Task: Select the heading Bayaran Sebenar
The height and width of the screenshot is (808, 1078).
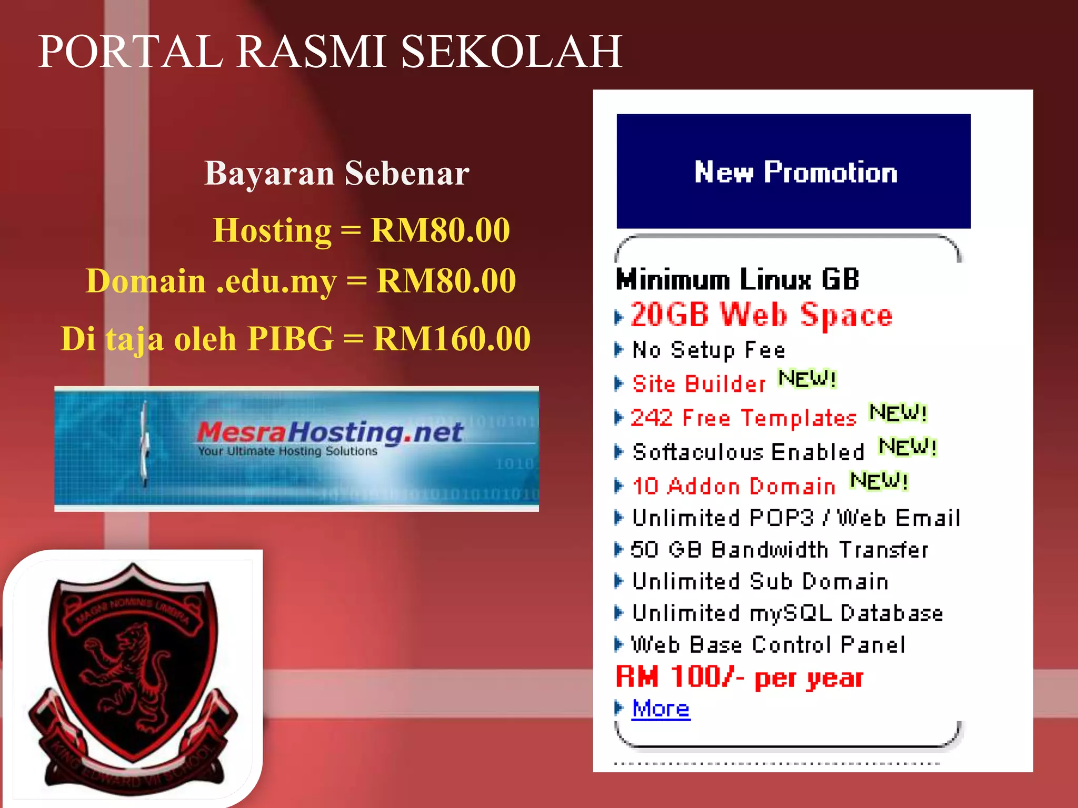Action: pos(337,173)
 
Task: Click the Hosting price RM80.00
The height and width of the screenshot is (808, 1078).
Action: pos(441,230)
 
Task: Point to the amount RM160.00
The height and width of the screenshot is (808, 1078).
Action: pos(452,338)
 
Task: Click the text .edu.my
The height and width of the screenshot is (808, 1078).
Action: pos(276,281)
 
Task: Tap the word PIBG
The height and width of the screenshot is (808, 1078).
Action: pos(291,338)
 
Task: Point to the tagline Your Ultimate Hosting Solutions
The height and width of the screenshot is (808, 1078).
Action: pos(287,451)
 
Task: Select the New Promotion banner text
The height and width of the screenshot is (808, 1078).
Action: pos(795,172)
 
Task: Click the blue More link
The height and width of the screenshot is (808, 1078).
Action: pos(661,709)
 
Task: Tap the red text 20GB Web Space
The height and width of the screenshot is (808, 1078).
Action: pos(761,315)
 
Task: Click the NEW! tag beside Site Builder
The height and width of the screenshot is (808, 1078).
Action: pos(807,379)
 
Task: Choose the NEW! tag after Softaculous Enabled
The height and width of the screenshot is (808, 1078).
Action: pos(908,447)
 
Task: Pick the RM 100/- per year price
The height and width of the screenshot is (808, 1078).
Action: pos(740,677)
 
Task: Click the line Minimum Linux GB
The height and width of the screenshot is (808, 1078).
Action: pos(737,279)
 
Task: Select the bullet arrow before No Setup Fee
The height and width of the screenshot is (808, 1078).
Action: pos(619,349)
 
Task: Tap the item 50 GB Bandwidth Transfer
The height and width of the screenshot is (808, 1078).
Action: pos(779,550)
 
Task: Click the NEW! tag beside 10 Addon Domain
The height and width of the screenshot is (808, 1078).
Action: pos(879,481)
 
